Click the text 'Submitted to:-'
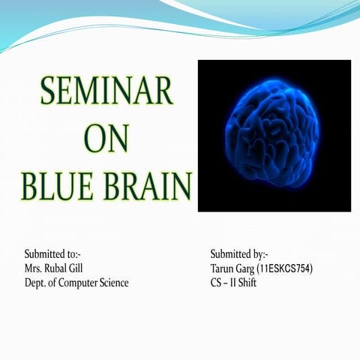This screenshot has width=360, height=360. [53, 253]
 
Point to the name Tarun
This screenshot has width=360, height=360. [223, 268]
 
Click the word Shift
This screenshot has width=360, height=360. [247, 283]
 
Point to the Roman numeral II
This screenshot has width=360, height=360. [234, 283]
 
